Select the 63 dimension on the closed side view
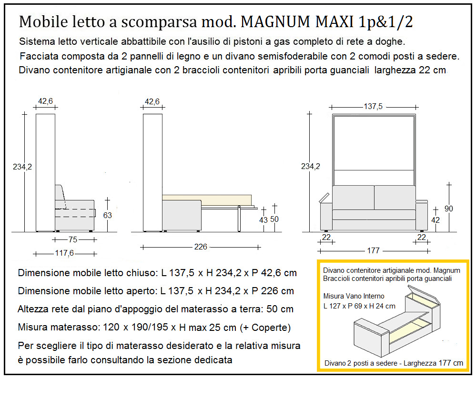click(x=108, y=215)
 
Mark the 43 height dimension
click(x=263, y=220)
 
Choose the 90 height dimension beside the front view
click(x=449, y=209)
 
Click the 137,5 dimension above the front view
click(x=373, y=107)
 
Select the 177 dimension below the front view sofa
click(x=373, y=250)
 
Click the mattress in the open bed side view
click(x=206, y=198)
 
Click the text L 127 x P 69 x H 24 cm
click(x=359, y=306)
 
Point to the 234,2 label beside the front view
click(x=311, y=166)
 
